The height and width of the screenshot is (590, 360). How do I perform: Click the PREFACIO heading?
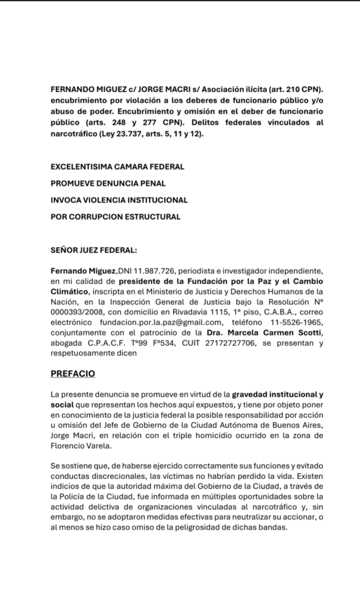click(73, 373)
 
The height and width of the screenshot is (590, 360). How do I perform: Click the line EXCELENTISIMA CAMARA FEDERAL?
click(118, 167)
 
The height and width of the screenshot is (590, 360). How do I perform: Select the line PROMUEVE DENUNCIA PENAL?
click(108, 183)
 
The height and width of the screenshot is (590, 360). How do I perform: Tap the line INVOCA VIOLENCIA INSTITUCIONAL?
click(119, 200)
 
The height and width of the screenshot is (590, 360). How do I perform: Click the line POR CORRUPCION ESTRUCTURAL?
click(116, 217)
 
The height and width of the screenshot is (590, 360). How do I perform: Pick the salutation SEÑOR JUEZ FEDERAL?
click(94, 251)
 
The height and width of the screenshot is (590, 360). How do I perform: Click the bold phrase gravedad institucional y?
click(277, 395)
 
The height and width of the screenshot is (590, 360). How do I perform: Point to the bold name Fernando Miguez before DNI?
click(84, 271)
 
